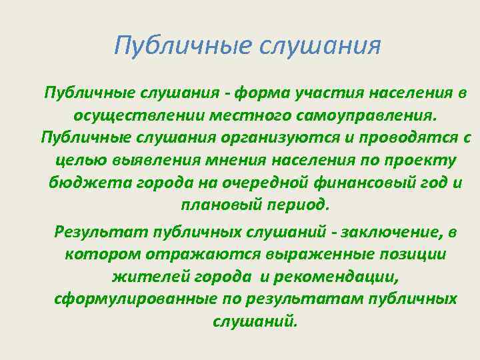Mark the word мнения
tap(234, 161)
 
